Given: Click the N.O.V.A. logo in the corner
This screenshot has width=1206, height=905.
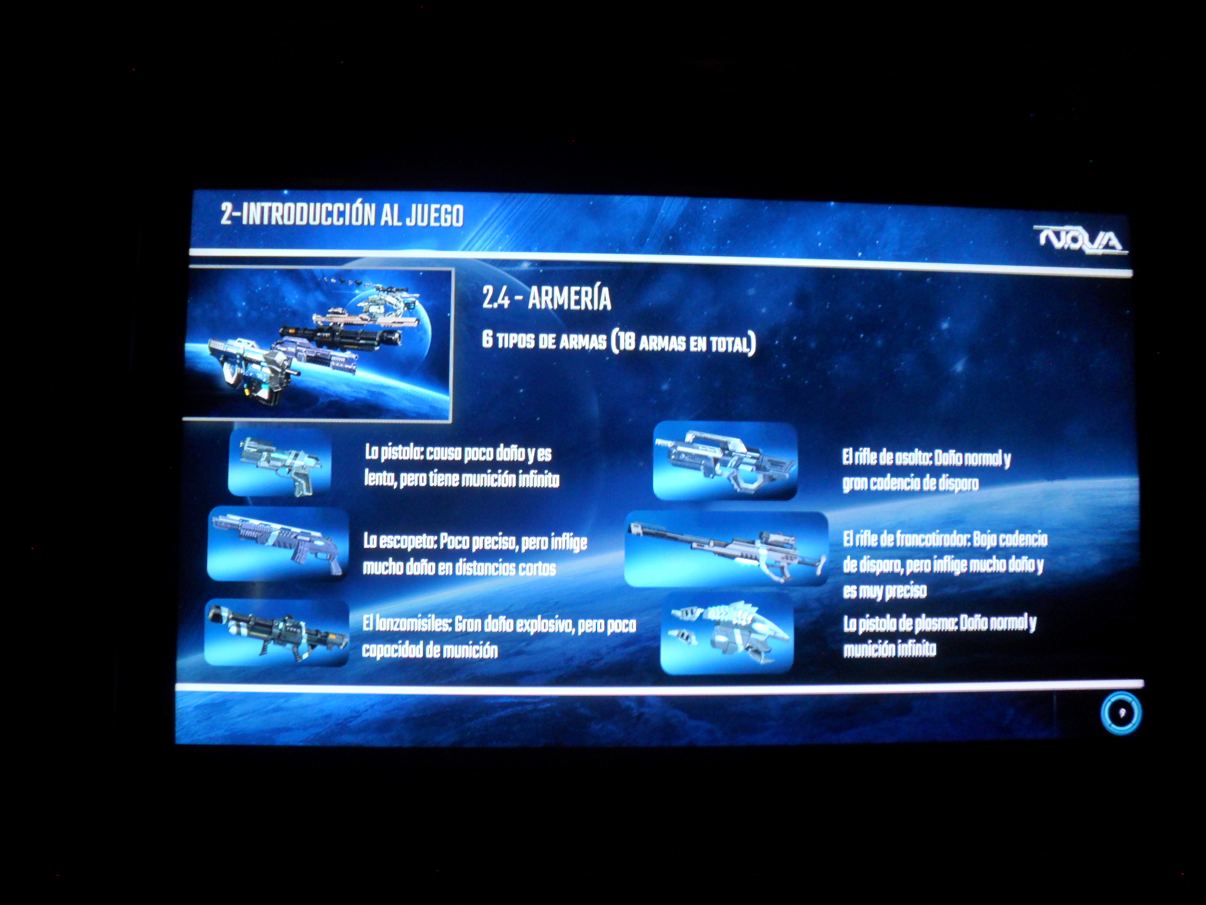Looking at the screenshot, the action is (x=1080, y=240).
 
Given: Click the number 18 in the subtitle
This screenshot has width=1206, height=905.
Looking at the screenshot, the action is (x=625, y=341).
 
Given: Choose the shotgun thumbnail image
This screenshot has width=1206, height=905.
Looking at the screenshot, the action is (x=278, y=543).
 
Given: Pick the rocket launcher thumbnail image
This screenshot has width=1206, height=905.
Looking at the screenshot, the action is (x=277, y=633).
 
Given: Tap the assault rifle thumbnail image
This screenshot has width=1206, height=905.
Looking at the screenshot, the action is (x=725, y=461).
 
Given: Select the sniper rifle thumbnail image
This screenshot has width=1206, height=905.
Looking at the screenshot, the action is (x=726, y=549).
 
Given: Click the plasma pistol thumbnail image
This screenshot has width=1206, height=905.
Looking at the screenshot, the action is (x=727, y=633).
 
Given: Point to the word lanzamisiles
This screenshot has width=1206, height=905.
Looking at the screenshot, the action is (x=413, y=623).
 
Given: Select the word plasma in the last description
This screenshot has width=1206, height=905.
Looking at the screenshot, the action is (x=936, y=625).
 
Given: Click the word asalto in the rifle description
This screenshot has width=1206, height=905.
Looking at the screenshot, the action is (x=913, y=458).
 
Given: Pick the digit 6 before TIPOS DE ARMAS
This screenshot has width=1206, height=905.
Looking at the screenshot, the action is (x=487, y=339).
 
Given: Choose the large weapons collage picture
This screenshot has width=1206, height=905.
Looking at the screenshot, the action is (x=318, y=344).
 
